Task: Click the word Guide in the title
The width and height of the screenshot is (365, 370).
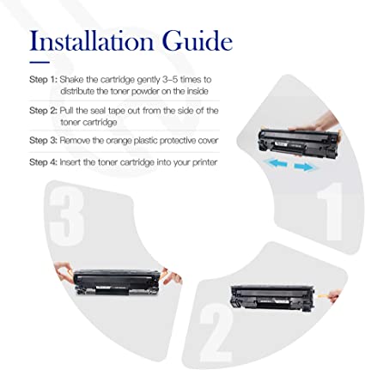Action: tap(198, 40)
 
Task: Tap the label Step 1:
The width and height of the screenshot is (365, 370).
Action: tap(43, 78)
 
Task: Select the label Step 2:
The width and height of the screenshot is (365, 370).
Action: tap(43, 110)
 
